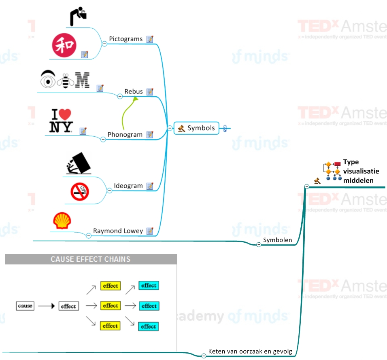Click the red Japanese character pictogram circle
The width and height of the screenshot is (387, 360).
click(64, 45)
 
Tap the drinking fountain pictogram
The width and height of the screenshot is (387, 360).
click(79, 16)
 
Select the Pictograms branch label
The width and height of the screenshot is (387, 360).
click(125, 39)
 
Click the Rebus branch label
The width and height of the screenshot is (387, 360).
click(134, 91)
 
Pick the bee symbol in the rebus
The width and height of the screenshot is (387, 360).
click(65, 80)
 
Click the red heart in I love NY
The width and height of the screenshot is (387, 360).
click(65, 115)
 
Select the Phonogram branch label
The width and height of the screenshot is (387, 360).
click(125, 134)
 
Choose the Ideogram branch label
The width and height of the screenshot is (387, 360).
click(128, 186)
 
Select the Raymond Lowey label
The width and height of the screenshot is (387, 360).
click(118, 231)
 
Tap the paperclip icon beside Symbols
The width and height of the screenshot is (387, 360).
click(225, 129)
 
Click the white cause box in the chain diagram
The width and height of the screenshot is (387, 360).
click(25, 306)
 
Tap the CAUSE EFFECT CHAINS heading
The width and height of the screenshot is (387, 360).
click(91, 259)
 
